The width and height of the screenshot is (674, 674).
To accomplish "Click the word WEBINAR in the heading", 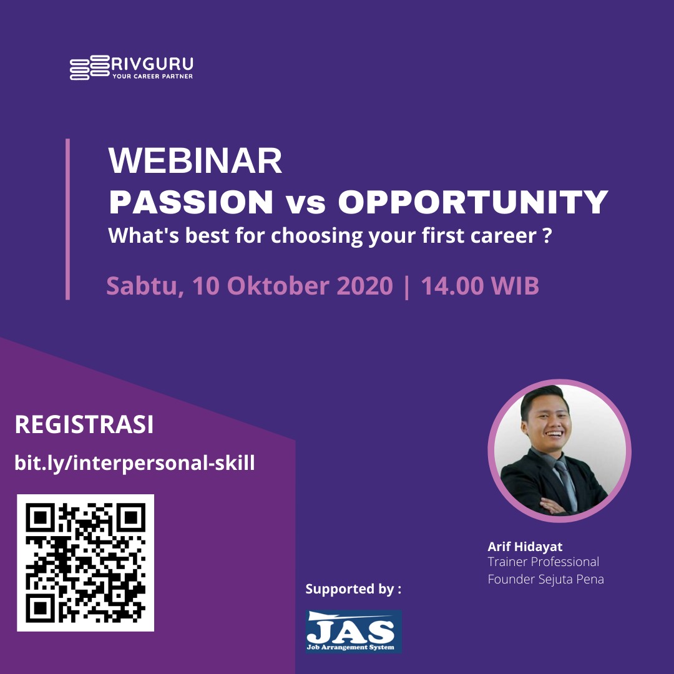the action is point(195,160).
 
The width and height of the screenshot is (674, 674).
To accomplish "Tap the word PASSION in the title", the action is point(192,202).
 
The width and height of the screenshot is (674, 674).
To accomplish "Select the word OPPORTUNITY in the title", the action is point(473,202).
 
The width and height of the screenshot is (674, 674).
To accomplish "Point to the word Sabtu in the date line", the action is point(145,286).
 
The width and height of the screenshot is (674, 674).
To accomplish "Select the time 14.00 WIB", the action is point(480,285).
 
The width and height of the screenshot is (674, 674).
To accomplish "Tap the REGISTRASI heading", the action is point(84,425).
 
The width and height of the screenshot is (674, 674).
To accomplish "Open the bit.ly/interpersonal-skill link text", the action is point(135,463).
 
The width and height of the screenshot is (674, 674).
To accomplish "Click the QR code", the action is point(85,563).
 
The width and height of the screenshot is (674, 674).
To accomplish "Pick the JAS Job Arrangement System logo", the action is point(354,632).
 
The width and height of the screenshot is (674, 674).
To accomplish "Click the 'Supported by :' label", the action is point(353,589).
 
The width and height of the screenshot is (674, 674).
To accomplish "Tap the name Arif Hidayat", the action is point(525,547).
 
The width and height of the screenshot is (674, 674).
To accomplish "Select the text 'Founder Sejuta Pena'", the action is point(545,579).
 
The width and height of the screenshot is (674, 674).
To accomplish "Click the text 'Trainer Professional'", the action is point(544,562).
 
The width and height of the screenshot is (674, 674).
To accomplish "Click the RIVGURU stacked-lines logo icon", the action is point(90,67).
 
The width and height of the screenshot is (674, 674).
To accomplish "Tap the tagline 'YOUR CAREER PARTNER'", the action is point(153,77).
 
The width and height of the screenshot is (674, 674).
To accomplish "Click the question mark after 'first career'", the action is point(547,236).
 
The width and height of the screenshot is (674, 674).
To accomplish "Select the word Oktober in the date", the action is point(278,285).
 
